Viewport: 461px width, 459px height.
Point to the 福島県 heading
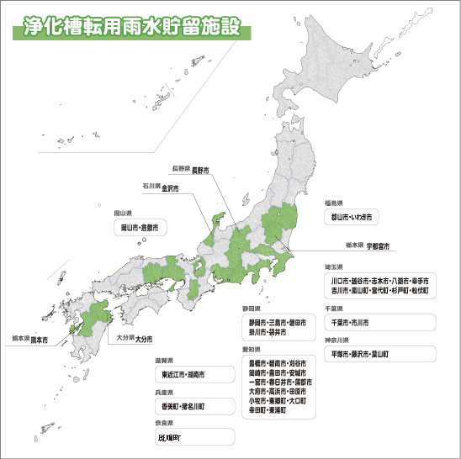(x=334, y=203)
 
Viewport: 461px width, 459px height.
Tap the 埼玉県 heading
(x=334, y=267)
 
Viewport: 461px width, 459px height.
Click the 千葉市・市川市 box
(x=379, y=322)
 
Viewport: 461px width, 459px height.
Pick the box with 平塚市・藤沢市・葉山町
(x=379, y=354)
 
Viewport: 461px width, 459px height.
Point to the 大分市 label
(x=144, y=339)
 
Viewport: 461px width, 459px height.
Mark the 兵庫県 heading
(x=164, y=392)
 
